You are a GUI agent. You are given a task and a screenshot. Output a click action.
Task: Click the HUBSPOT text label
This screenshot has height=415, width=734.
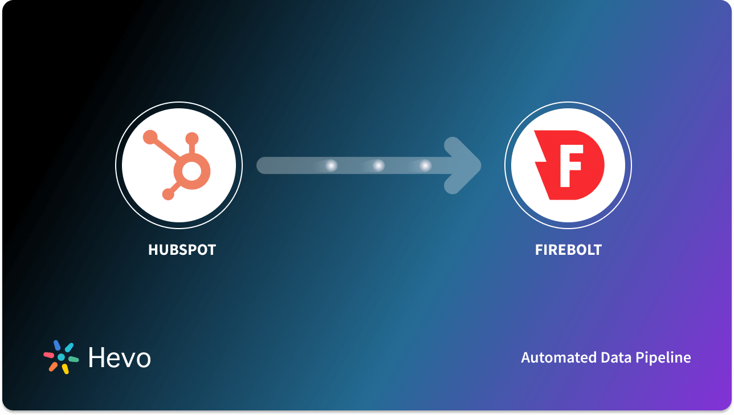click(x=182, y=250)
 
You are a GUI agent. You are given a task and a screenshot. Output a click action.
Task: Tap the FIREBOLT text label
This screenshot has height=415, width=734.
click(x=568, y=250)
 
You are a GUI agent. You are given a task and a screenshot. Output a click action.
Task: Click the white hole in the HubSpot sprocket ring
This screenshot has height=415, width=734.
click(x=192, y=169)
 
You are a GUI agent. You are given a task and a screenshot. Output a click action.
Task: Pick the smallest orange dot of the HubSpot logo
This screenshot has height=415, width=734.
click(x=168, y=195)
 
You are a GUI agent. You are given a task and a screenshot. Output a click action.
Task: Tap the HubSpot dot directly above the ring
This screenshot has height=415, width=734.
click(x=192, y=138)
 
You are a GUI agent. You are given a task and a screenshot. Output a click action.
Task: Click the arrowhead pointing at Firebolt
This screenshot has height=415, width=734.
click(x=464, y=166)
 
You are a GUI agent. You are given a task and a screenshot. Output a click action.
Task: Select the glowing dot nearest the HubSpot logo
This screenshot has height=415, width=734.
click(x=331, y=166)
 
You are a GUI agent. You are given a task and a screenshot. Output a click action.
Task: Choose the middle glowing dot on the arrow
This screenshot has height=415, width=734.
click(x=378, y=166)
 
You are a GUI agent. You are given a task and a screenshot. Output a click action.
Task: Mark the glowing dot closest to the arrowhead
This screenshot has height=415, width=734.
click(x=425, y=166)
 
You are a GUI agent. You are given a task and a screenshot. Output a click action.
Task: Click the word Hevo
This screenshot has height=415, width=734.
click(x=119, y=357)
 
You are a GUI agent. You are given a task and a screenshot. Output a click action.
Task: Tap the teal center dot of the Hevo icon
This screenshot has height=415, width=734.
click(x=61, y=357)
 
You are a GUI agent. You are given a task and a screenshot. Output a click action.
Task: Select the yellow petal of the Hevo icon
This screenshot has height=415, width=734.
click(x=66, y=369)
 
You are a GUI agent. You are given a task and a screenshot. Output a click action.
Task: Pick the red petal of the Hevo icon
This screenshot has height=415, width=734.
click(x=49, y=355)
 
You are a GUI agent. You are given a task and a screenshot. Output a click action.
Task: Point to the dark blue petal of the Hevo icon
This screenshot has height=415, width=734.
click(x=56, y=345)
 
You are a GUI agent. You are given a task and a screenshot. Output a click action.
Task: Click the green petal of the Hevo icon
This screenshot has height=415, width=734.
click(x=73, y=359)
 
